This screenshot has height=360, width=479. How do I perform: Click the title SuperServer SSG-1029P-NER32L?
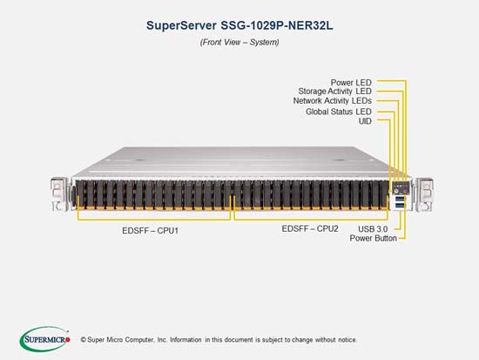[x=239, y=25]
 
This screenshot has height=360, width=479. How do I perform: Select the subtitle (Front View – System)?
[x=239, y=42]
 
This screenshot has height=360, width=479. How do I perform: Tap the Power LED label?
[x=351, y=83]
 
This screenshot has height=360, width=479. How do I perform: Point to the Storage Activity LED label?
[x=334, y=92]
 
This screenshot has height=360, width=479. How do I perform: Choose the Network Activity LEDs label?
[x=333, y=100]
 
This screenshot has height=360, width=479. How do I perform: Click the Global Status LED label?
[x=339, y=112]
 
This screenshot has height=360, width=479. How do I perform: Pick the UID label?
[x=365, y=121]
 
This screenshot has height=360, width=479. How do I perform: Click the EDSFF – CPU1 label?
[x=151, y=231]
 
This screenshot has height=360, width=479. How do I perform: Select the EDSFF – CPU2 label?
[x=310, y=228]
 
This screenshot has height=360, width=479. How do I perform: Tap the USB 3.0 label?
[x=373, y=228]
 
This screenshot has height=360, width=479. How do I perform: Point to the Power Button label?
[x=374, y=238]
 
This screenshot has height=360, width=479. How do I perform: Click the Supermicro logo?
[x=45, y=339]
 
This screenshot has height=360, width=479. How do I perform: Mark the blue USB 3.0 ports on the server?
[x=399, y=202]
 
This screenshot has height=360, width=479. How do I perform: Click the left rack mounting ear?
[x=58, y=194]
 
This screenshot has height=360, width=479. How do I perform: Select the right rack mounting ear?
[x=425, y=194]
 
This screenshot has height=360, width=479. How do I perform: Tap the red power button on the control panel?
[x=405, y=191]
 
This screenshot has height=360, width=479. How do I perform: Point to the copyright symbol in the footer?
[x=83, y=339]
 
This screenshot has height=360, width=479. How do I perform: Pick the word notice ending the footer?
[x=347, y=340]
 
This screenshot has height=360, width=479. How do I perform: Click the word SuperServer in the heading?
[x=181, y=25]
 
